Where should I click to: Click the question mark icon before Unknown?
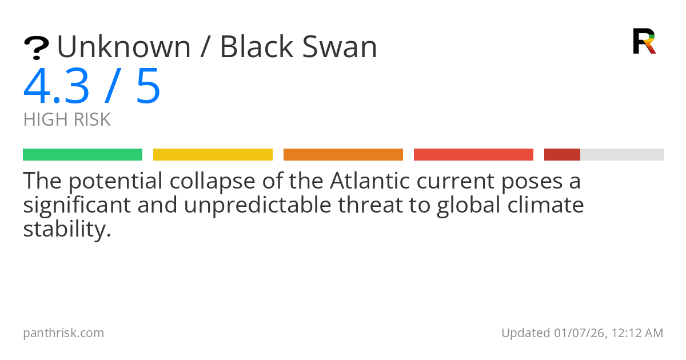[36, 47]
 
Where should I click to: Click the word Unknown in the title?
[123, 47]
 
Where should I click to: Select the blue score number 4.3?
[56, 87]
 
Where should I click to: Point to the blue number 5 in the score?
[148, 87]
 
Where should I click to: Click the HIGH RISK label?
[67, 120]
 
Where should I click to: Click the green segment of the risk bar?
[82, 155]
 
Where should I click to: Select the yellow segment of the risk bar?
[213, 155]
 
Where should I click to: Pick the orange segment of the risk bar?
[343, 155]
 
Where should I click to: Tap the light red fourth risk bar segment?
[473, 155]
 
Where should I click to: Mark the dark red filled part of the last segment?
[562, 155]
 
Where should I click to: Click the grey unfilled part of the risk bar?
[622, 155]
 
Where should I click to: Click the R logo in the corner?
[644, 41]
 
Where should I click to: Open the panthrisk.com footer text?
[63, 333]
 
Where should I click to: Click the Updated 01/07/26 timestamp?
[582, 333]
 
